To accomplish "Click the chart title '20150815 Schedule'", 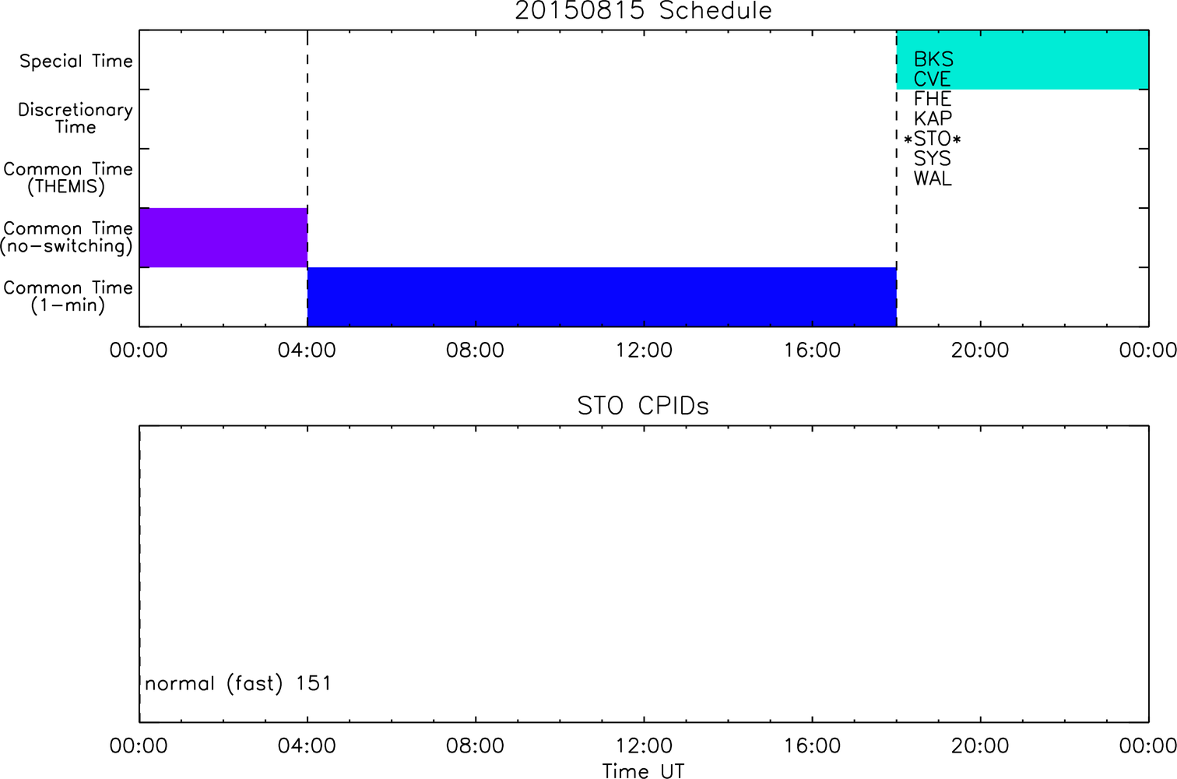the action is [x=643, y=11].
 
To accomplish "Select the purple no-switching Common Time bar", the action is [x=223, y=238].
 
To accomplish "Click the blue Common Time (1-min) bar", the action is [x=602, y=297].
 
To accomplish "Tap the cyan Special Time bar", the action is [x=1023, y=59].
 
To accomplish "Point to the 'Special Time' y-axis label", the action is [x=76, y=61].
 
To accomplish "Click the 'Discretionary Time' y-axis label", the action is [x=76, y=118].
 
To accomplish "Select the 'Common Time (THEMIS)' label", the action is [x=68, y=178].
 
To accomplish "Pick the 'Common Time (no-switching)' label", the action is [x=67, y=238].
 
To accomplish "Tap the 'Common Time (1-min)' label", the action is [x=68, y=297].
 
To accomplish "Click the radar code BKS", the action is [x=933, y=59].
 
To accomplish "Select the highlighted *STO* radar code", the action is [x=933, y=139].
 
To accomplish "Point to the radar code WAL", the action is [x=933, y=179].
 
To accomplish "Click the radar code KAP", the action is [x=933, y=119].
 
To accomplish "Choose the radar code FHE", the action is [x=933, y=99].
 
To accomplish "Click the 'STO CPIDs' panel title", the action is [x=643, y=406].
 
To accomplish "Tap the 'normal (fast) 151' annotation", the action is [x=238, y=683].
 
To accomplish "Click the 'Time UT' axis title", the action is [x=643, y=770].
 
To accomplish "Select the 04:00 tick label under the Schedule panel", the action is [x=307, y=351].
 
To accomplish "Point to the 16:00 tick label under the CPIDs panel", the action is [x=813, y=746].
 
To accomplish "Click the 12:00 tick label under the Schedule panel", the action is [x=644, y=351].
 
